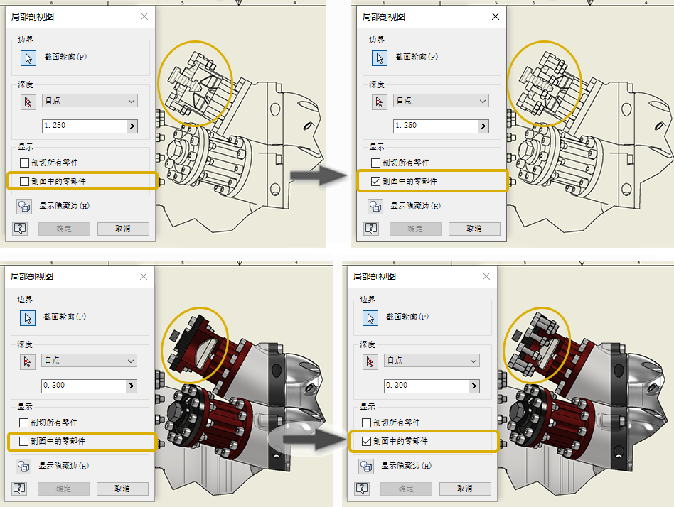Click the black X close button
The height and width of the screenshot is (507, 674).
click(495, 16)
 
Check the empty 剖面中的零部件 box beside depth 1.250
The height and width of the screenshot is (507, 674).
click(24, 181)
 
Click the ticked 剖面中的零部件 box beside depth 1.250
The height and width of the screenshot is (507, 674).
click(375, 181)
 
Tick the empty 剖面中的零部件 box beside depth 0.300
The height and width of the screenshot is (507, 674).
click(24, 441)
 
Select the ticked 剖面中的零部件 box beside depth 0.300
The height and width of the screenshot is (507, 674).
click(366, 441)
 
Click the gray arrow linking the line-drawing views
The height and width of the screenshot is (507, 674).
click(319, 175)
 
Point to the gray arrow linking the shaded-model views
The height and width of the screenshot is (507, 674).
click(315, 439)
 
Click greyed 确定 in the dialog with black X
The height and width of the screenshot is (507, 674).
click(415, 229)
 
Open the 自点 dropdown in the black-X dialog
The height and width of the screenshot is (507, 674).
click(441, 101)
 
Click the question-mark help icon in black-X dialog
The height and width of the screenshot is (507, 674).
click(371, 229)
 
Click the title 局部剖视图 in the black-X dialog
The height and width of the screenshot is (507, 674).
click(383, 17)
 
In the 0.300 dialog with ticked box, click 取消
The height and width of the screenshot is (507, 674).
click(465, 489)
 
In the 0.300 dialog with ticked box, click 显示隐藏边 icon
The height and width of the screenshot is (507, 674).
click(366, 467)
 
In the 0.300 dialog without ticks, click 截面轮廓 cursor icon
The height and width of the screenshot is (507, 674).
click(28, 318)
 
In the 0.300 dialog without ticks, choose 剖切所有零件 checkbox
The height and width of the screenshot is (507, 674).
click(24, 423)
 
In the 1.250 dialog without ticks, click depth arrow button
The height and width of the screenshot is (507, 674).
click(132, 126)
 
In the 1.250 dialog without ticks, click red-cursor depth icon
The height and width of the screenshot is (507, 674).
click(28, 102)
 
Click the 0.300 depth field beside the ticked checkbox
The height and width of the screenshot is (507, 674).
click(427, 386)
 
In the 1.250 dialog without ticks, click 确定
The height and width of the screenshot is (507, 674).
click(64, 229)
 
